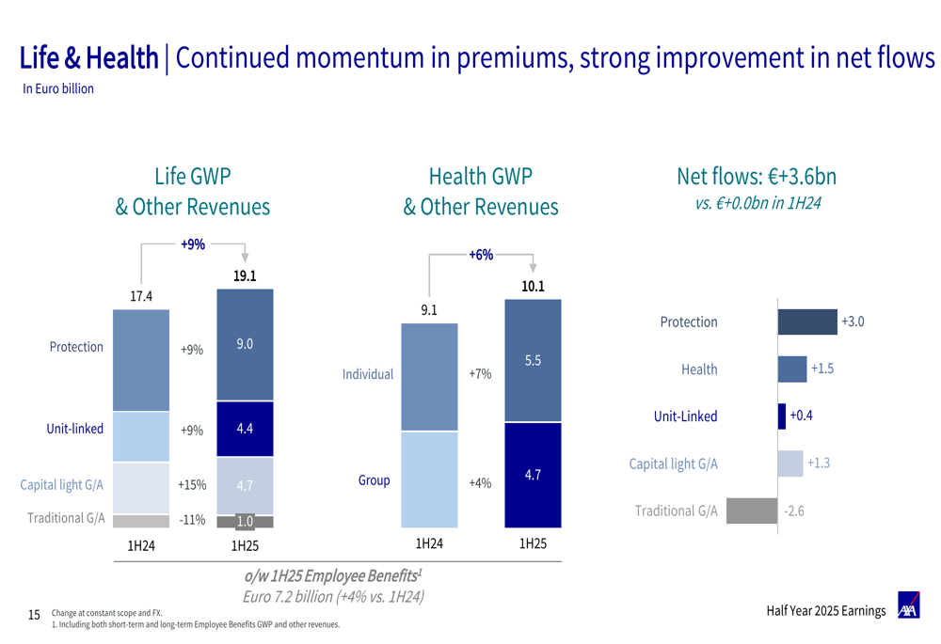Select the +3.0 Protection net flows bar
tap(806, 322)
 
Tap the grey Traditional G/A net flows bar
tap(751, 511)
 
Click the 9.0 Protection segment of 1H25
tap(245, 344)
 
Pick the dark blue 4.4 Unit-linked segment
tap(245, 429)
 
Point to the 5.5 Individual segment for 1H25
tap(533, 360)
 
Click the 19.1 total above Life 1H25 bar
tap(245, 276)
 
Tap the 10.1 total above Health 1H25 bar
tap(533, 286)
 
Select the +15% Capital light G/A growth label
tap(192, 485)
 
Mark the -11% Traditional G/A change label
tap(192, 519)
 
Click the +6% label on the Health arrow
tap(481, 255)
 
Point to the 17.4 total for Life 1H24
tap(141, 296)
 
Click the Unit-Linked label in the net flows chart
tap(686, 416)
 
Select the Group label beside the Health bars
tap(374, 480)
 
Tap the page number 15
tap(34, 615)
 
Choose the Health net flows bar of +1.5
tap(792, 369)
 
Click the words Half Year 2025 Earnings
tap(825, 611)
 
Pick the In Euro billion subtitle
tap(58, 89)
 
